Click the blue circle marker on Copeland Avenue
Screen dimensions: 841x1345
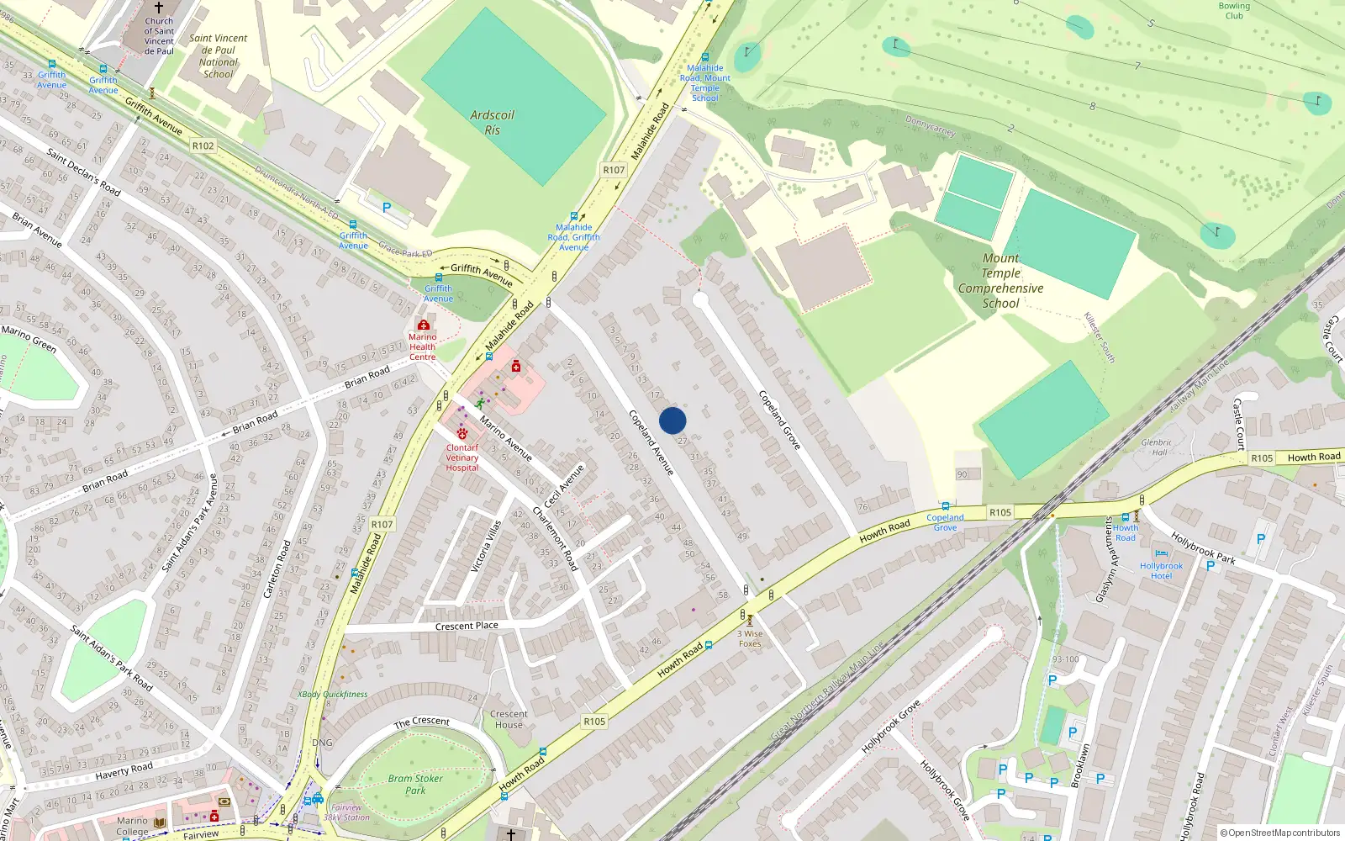pos(672,420)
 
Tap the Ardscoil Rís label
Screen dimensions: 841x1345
pos(492,123)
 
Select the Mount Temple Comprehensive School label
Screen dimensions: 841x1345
pos(1000,281)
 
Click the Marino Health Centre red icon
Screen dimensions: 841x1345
pos(423,325)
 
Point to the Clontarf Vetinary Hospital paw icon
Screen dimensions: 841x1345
pos(462,434)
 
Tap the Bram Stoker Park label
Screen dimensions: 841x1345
pos(415,784)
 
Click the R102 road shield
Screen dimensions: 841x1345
pos(203,145)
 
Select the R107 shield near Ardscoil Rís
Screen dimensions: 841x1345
pos(614,170)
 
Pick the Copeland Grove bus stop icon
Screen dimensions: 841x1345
pos(946,507)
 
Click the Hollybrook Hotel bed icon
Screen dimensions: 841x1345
pos(1161,554)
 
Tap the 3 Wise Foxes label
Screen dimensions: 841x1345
pos(750,638)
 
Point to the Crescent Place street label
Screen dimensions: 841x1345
pos(467,626)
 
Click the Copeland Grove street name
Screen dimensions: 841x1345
pos(779,419)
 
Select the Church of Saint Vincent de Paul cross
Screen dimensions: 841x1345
pos(159,8)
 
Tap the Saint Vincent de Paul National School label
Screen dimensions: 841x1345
pos(218,56)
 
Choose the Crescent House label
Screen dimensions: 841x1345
pos(509,719)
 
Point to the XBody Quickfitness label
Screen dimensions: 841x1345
pos(332,695)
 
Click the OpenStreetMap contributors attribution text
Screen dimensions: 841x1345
pos(1279,833)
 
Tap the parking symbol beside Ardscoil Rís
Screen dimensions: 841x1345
pos(387,208)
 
